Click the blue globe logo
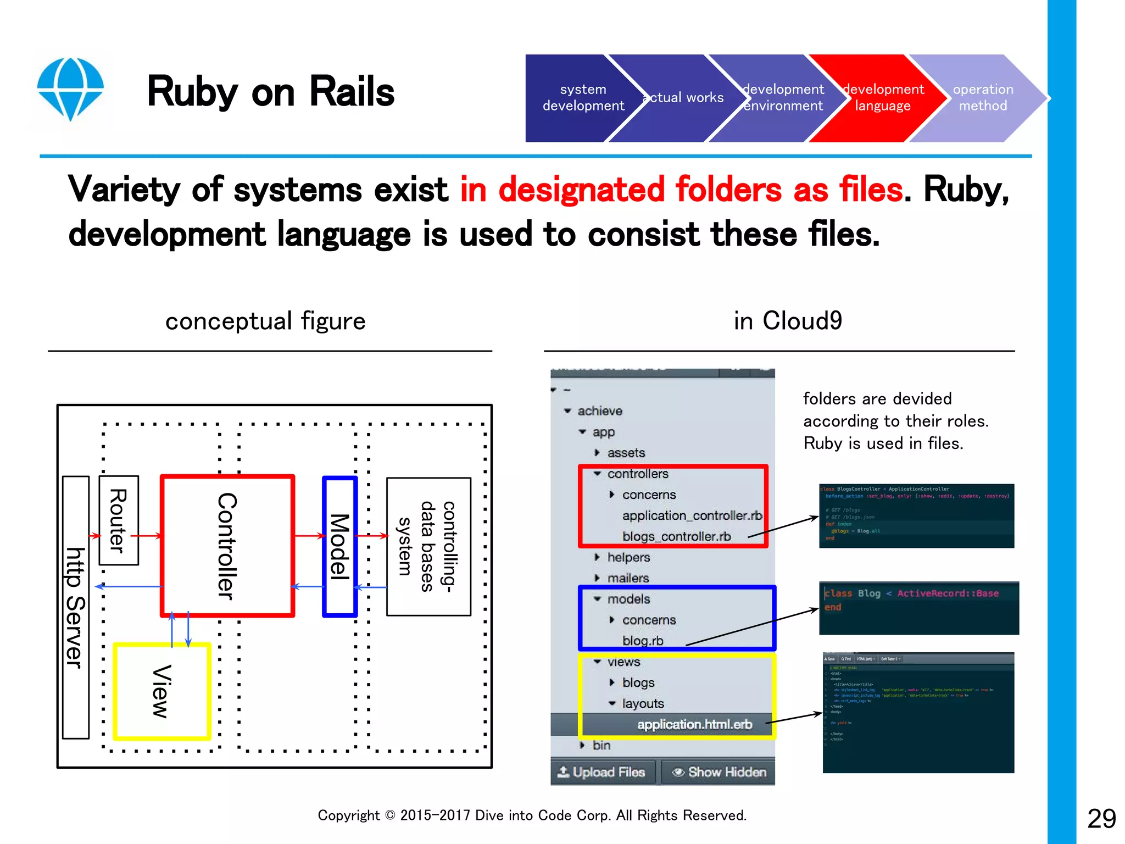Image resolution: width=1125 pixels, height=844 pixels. tap(70, 88)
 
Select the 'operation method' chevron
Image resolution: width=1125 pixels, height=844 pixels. tap(983, 98)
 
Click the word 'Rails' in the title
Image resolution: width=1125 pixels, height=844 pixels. tap(352, 92)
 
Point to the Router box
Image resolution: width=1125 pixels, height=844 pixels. tap(119, 520)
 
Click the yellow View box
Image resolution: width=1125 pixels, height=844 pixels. tap(162, 692)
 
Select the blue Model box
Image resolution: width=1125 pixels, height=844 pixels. tap(340, 547)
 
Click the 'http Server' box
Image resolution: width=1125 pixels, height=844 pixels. tap(76, 607)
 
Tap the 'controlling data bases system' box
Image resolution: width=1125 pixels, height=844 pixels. tap(428, 547)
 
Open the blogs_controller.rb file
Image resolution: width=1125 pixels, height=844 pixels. tap(676, 536)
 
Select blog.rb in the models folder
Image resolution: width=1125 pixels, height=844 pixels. tap(643, 641)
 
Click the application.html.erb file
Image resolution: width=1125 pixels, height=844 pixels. tap(694, 724)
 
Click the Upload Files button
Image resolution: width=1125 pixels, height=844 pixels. tap(602, 772)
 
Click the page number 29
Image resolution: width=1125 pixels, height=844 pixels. tap(1101, 819)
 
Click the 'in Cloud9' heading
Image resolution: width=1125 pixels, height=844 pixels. tap(788, 321)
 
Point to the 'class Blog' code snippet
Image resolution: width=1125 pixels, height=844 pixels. tap(918, 607)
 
